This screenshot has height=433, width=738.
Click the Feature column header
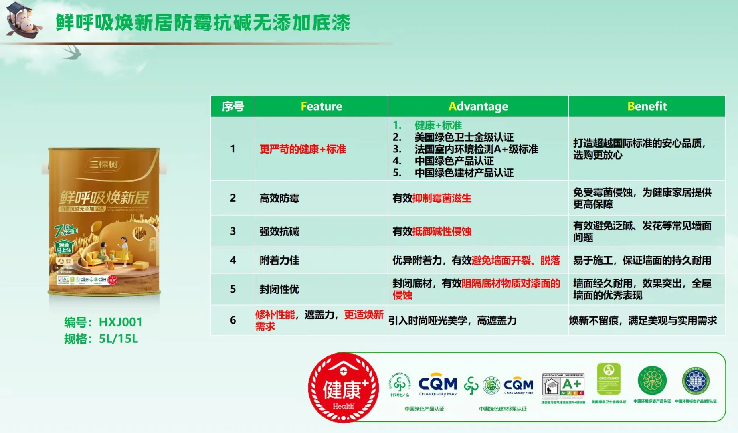click(x=321, y=106)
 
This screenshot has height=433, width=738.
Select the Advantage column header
click(x=478, y=106)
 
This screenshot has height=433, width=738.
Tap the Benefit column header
click(x=647, y=106)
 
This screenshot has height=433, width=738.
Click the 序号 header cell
click(x=233, y=107)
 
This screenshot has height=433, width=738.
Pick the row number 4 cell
click(x=233, y=260)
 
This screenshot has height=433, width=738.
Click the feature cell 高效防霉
click(x=279, y=198)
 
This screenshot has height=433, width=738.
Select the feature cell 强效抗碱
click(x=279, y=231)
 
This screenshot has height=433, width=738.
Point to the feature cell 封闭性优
click(x=279, y=289)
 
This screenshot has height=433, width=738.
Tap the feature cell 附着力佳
click(x=279, y=260)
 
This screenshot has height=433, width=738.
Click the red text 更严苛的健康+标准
click(x=303, y=149)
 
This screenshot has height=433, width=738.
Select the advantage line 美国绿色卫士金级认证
click(x=464, y=137)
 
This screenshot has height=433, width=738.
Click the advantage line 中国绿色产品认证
click(x=454, y=161)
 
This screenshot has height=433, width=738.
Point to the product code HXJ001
click(x=120, y=322)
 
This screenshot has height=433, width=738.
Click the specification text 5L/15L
click(x=118, y=339)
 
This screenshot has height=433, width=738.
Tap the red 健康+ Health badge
click(x=344, y=388)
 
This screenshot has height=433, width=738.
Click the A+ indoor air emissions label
click(x=563, y=384)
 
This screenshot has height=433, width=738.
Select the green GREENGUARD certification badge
click(x=609, y=379)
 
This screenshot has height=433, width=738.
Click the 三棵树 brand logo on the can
click(x=103, y=164)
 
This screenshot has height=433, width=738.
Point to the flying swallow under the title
click(x=72, y=53)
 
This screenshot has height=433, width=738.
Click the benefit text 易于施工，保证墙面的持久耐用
click(x=642, y=260)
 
